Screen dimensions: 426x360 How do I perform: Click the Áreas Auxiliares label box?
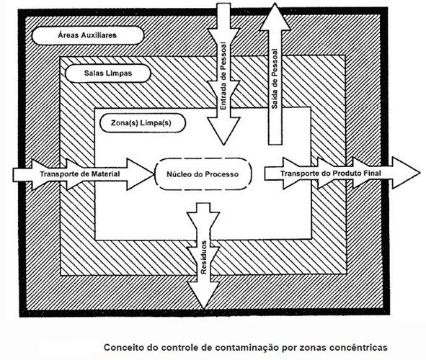coord(87,35)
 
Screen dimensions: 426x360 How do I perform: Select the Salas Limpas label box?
coord(108,73)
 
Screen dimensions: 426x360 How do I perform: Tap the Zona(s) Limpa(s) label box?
coord(143,123)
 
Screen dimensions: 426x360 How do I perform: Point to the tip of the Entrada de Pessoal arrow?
coord(223,144)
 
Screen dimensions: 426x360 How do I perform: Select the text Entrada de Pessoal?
coord(223,76)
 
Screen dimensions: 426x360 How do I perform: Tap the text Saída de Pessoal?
coord(275,78)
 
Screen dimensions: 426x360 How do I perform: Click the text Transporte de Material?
coord(80,174)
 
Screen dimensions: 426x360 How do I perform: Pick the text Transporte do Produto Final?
coord(331,173)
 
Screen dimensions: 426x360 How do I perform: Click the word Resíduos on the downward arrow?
coord(204,258)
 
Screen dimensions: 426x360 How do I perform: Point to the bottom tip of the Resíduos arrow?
coord(204,308)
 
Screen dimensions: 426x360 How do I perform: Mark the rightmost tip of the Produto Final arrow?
coord(420,173)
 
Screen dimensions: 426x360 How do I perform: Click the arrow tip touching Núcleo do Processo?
coord(154,174)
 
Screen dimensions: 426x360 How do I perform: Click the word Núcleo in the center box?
coord(178,174)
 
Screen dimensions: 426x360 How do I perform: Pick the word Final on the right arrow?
coord(373,173)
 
